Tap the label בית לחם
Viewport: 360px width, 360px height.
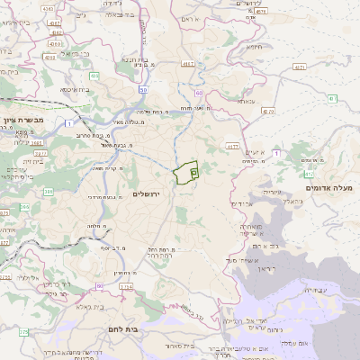click(x=120, y=330)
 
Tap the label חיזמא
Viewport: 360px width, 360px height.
click(x=255, y=47)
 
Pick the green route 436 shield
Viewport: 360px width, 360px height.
click(x=94, y=78)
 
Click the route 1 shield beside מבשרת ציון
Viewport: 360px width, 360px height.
click(x=68, y=122)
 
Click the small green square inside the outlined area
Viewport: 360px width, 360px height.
click(x=193, y=171)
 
